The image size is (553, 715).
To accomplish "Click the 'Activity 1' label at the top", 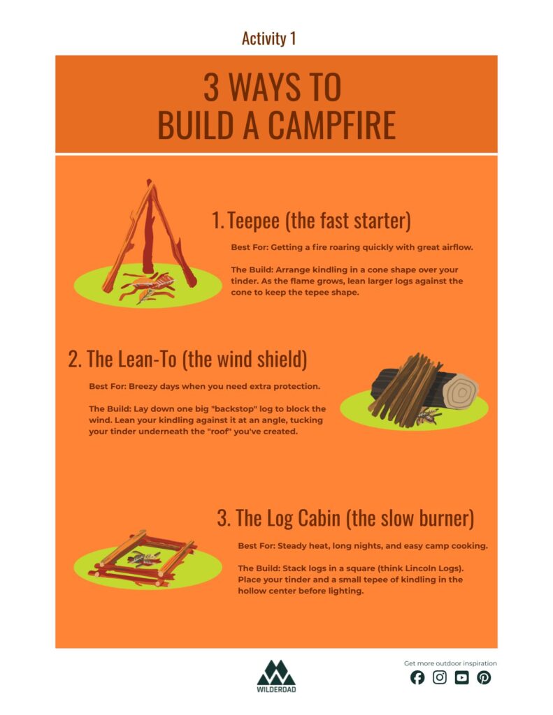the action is click(x=269, y=38).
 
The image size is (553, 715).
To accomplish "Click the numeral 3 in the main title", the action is click(x=211, y=87).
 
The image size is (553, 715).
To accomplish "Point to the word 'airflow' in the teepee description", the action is click(x=457, y=247).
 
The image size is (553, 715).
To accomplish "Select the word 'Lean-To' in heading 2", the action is click(x=148, y=359).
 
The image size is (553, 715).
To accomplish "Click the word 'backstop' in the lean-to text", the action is click(x=234, y=408).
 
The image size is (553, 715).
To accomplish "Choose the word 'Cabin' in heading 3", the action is click(x=319, y=518).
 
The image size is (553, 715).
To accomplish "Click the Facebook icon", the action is click(x=417, y=677).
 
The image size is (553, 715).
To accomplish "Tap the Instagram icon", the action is click(x=440, y=677).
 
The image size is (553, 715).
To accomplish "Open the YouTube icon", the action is click(x=461, y=677).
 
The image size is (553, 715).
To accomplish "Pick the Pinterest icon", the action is click(x=484, y=677).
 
